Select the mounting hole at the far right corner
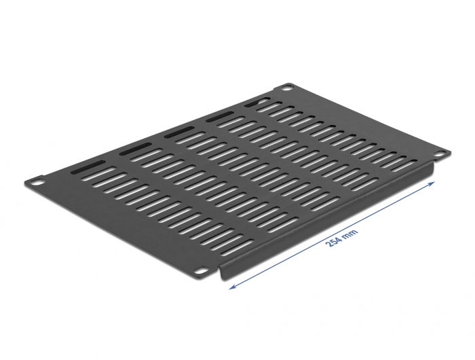pyautogui.click(x=442, y=154)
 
